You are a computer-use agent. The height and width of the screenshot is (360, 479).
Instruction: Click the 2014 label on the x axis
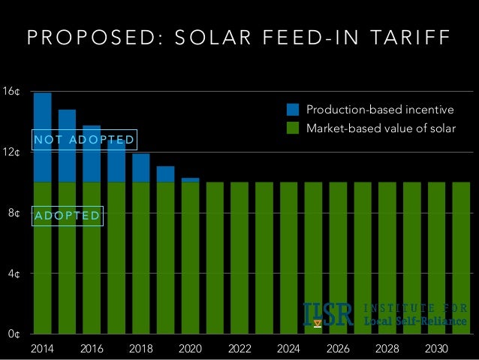tap(43, 349)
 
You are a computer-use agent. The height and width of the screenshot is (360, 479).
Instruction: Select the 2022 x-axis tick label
tap(239, 349)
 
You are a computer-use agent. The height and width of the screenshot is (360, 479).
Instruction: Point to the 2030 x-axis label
tap(436, 349)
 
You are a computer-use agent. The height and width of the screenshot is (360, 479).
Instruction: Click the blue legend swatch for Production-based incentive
tap(294, 110)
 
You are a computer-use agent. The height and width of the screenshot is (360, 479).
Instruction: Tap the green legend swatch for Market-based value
tap(294, 128)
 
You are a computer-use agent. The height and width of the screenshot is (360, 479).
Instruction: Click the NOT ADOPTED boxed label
tap(83, 140)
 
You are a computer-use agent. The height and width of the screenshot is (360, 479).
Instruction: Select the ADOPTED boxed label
tap(67, 216)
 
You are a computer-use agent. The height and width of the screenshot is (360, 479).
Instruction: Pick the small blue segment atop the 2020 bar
tap(190, 180)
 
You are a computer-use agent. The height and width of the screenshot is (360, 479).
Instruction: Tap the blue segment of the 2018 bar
tap(141, 167)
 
